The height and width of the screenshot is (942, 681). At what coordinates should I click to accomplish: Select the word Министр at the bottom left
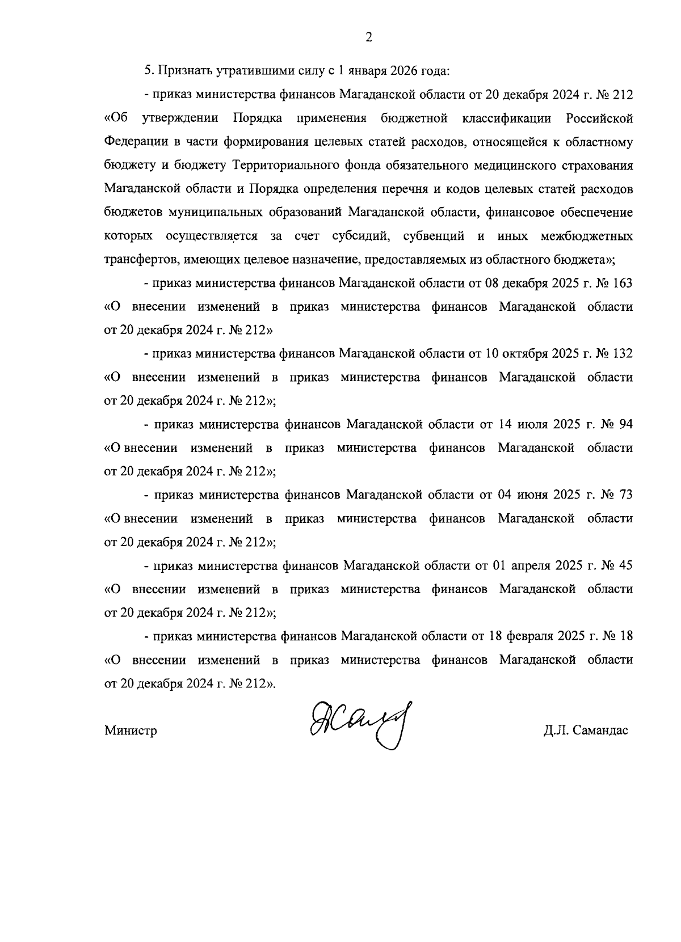131,730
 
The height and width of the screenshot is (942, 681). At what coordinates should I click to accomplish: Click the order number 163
623,282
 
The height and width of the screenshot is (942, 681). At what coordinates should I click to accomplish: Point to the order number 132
623,353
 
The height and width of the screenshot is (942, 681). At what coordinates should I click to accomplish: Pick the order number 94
625,424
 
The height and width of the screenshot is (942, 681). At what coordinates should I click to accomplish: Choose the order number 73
625,495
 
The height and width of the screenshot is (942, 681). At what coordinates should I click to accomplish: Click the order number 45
625,565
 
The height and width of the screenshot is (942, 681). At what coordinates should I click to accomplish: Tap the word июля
533,424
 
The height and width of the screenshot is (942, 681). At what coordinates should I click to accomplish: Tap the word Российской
599,118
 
